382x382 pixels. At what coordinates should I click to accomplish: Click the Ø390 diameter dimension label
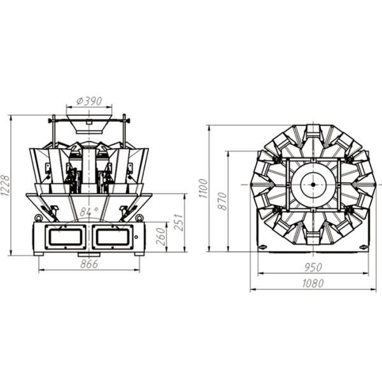89,101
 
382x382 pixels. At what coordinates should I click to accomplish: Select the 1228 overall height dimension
5,185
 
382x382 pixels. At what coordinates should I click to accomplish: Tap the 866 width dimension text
89,264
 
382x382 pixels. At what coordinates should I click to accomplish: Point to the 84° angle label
88,211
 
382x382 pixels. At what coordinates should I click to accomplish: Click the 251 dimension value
178,222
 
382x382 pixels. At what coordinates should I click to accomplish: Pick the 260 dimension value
161,236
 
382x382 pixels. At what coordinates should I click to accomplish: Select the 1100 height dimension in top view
203,188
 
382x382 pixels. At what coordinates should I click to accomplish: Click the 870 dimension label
222,201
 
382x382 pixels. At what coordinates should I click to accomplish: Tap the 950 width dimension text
313,267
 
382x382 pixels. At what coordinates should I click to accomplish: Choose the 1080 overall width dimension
313,283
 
